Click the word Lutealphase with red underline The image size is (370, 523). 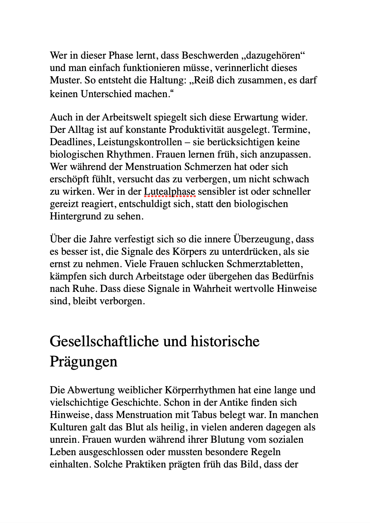(x=169, y=192)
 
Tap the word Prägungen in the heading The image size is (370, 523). (x=83, y=362)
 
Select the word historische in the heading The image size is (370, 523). (x=225, y=341)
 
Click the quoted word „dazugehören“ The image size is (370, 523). (x=274, y=55)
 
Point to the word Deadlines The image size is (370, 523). (x=72, y=142)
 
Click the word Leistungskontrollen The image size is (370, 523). (x=140, y=142)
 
